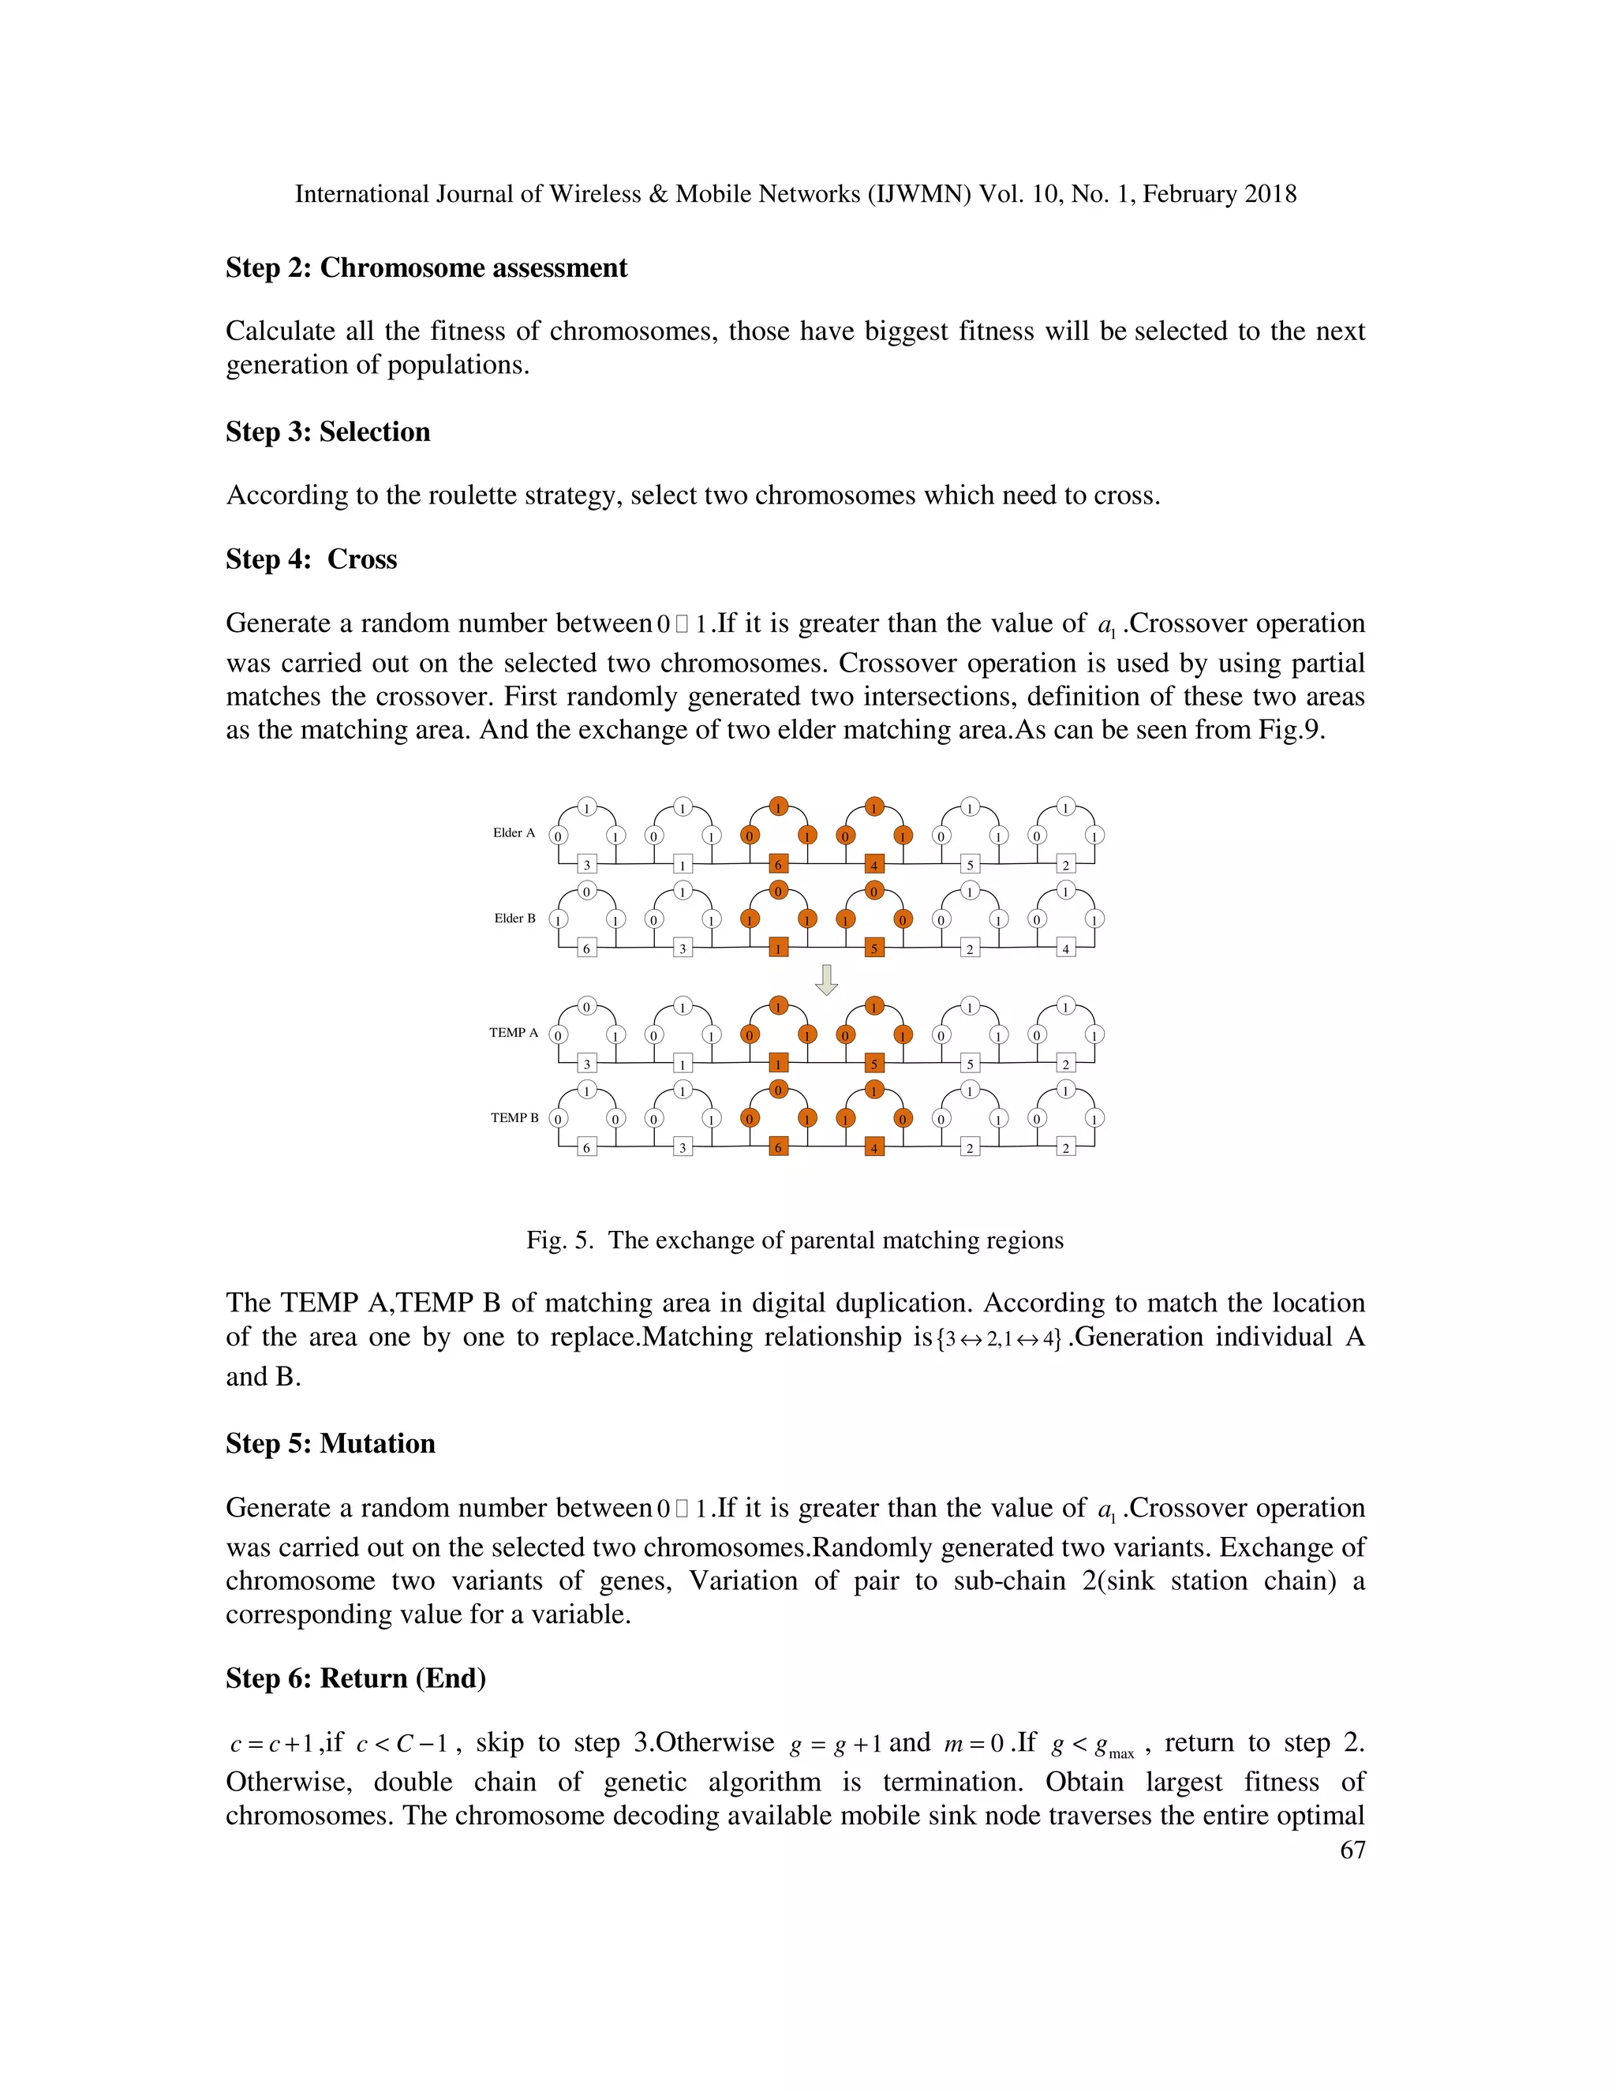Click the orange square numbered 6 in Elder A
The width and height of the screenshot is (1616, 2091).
778,865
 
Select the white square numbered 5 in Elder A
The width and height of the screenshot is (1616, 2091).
970,865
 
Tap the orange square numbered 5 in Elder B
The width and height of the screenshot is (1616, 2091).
874,948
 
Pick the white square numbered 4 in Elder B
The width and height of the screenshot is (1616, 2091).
1065,948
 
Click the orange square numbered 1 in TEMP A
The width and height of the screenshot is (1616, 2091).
778,1064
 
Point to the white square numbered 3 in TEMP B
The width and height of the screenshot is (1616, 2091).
683,1148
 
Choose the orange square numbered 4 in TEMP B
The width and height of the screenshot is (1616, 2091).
874,1148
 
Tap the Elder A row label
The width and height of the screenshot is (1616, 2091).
514,833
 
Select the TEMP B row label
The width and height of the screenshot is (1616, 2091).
514,1117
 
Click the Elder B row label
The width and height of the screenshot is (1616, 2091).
515,918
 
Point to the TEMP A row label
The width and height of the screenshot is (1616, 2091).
513,1032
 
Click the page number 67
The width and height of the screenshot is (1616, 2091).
1352,1850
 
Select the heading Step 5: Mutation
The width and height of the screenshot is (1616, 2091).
331,1443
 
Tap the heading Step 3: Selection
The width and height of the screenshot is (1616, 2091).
327,432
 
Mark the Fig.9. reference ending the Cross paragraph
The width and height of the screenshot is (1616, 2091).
1292,730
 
